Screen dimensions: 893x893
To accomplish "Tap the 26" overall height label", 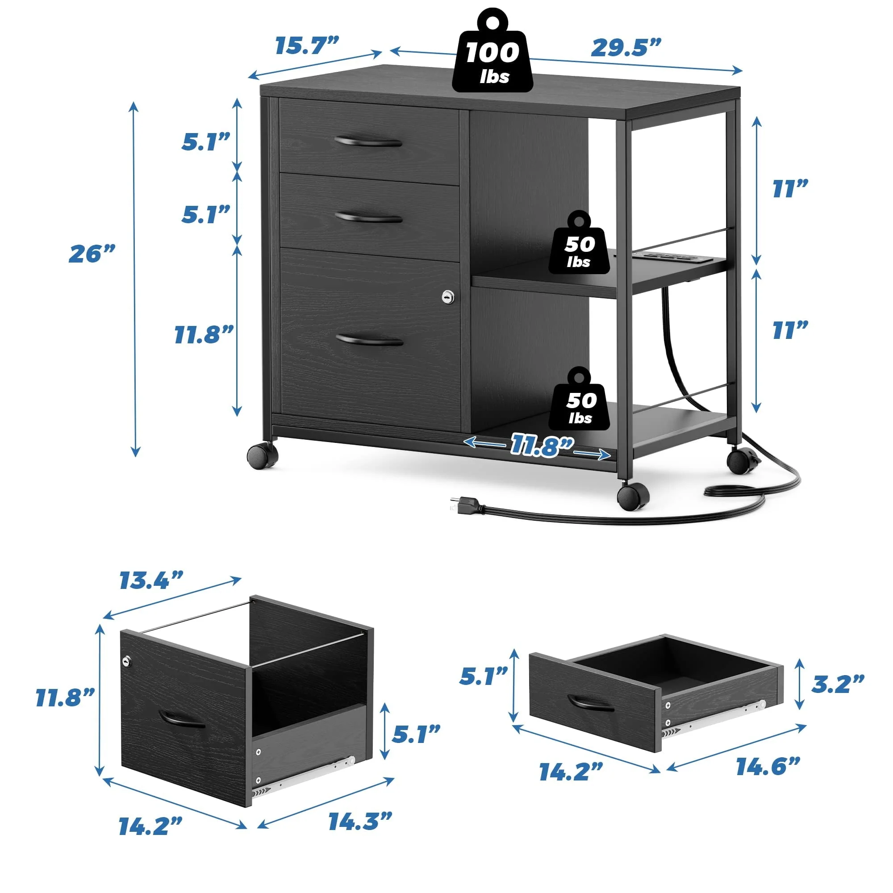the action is pos(92,254).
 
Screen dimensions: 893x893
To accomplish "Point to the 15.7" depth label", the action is pos(307,45).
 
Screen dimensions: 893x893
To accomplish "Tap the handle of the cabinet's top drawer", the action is pos(368,142).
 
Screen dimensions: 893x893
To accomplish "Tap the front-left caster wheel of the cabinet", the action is pos(263,456).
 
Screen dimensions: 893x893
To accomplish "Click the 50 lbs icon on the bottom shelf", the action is pos(580,399).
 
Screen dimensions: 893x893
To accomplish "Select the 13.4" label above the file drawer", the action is pos(152,580).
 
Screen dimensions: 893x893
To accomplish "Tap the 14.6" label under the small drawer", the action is pos(768,767).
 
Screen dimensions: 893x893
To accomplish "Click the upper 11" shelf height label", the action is pos(790,189).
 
